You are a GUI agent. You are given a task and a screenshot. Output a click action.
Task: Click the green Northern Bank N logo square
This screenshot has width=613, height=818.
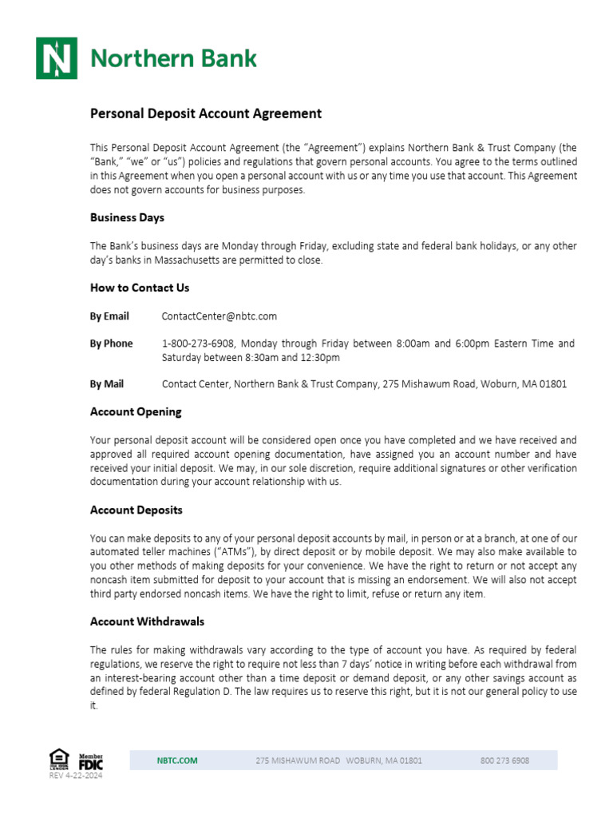[x=56, y=58]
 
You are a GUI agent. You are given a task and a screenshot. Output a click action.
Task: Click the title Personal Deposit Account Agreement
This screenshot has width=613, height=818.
[x=205, y=113]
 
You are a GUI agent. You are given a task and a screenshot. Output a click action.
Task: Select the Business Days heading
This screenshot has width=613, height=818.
[x=127, y=217]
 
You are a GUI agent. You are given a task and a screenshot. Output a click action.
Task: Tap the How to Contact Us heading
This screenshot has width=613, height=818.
[x=140, y=288]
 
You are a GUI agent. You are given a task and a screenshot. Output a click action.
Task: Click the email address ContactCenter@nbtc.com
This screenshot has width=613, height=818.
[x=219, y=316]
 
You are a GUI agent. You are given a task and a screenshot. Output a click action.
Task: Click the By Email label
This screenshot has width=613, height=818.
[x=109, y=316]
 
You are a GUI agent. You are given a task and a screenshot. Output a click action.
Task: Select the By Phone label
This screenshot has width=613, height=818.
[x=111, y=343]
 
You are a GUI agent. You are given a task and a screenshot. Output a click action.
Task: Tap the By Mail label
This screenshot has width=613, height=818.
[x=107, y=384]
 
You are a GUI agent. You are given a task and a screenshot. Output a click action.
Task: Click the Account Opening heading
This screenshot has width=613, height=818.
[x=136, y=412]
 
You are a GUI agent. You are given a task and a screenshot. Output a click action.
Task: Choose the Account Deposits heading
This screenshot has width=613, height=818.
[x=136, y=510]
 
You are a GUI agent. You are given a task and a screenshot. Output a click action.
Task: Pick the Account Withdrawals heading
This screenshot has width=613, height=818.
[x=148, y=621]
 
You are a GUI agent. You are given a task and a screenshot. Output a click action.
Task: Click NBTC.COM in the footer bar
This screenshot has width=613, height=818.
[x=176, y=760]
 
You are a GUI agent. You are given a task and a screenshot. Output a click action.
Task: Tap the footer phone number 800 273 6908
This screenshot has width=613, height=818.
[x=504, y=760]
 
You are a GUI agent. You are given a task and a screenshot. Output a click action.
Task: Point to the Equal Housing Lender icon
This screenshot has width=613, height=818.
[x=59, y=758]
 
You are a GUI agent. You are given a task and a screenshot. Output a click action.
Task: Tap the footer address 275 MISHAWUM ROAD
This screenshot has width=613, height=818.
[x=298, y=760]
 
